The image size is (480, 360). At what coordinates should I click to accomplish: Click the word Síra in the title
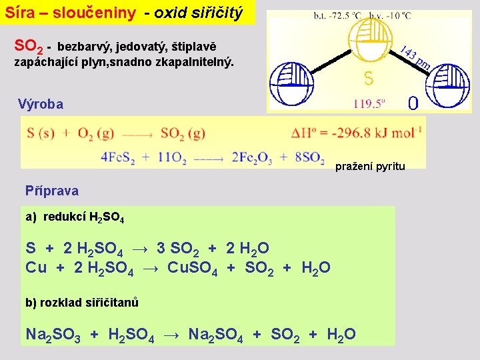click(x=20, y=13)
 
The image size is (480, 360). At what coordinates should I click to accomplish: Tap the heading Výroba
click(x=41, y=104)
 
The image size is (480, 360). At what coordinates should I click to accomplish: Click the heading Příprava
click(x=52, y=191)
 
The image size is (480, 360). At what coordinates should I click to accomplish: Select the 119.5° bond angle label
click(x=370, y=103)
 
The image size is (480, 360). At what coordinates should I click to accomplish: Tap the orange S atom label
click(x=369, y=79)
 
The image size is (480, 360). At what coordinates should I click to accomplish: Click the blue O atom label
click(x=413, y=103)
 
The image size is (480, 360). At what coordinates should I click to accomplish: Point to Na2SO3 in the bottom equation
click(x=53, y=334)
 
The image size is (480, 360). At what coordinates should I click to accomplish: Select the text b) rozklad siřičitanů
click(x=82, y=303)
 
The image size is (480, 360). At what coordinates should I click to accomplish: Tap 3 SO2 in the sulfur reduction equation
click(x=178, y=249)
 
